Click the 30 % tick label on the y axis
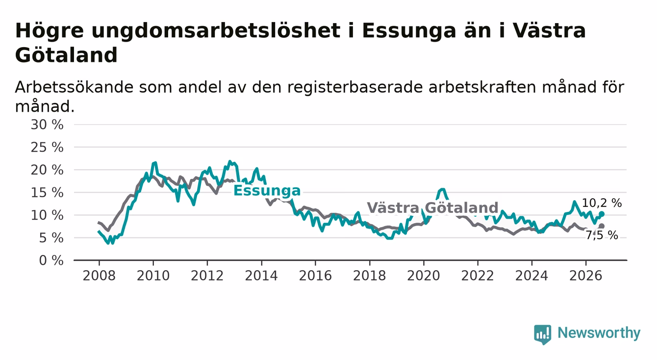click(x=47, y=125)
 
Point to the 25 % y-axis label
click(x=47, y=147)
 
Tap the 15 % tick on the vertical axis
click(x=47, y=193)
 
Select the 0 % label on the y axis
click(x=51, y=260)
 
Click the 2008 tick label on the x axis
click(x=99, y=276)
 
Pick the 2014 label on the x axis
click(x=261, y=276)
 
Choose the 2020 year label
click(x=424, y=276)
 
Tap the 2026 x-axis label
click(x=586, y=276)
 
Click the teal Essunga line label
click(x=267, y=191)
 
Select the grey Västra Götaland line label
click(x=432, y=208)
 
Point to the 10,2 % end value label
click(x=602, y=203)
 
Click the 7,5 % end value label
click(x=602, y=235)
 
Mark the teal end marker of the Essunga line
click(x=602, y=214)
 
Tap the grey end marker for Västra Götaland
click(x=602, y=226)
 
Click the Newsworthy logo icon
click(x=543, y=334)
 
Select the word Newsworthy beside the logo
click(x=599, y=333)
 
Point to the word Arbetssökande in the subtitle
click(x=74, y=87)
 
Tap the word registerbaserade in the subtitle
click(x=355, y=88)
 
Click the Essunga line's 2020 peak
click(x=442, y=189)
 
